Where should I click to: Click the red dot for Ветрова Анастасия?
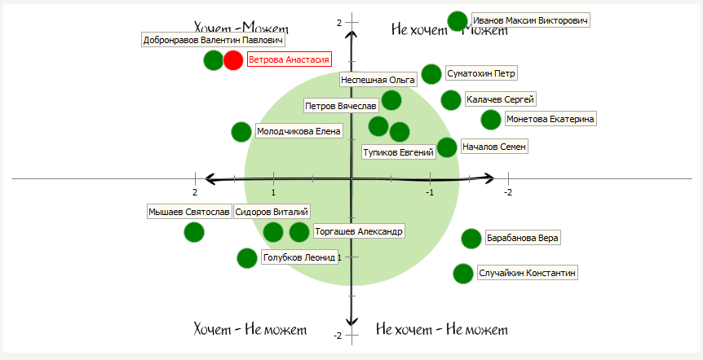point(233,60)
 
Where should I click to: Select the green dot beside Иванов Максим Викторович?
point(458,21)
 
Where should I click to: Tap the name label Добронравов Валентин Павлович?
point(213,40)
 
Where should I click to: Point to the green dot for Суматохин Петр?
point(431,74)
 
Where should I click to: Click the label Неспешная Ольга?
point(378,79)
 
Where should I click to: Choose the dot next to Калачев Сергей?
point(451,100)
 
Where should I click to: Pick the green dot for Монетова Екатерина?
point(491,120)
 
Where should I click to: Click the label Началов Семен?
point(494,147)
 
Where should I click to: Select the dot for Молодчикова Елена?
point(241,132)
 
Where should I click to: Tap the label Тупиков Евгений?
point(398,152)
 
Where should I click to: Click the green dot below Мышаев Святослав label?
point(194,232)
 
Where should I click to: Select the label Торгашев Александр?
point(358,231)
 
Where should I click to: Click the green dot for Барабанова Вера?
point(471,239)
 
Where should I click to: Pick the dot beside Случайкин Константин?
point(462,274)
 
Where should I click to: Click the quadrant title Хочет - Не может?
point(250,330)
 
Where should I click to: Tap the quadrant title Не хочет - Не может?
point(442,330)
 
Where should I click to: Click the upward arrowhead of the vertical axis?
point(351,34)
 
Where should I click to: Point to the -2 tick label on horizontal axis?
point(508,192)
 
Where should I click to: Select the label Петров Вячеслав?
point(341,107)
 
